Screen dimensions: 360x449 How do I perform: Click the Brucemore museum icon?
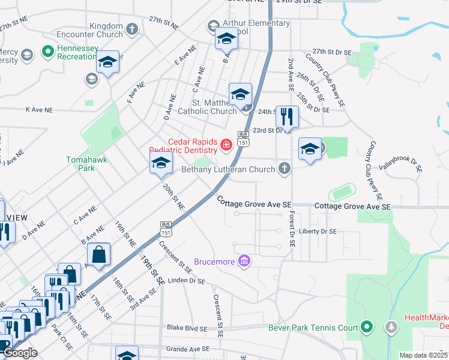(x=244, y=261)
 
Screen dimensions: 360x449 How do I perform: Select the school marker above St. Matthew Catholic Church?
(x=240, y=95)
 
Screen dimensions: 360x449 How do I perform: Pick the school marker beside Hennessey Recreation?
(x=108, y=62)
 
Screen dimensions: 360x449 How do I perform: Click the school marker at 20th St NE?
(x=161, y=163)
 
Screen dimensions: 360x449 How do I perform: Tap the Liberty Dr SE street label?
(x=318, y=231)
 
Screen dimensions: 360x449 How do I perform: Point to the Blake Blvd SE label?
(x=187, y=329)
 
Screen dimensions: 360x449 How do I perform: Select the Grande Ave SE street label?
(x=187, y=348)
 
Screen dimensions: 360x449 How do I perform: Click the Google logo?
(x=20, y=353)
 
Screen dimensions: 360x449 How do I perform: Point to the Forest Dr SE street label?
(x=291, y=229)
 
